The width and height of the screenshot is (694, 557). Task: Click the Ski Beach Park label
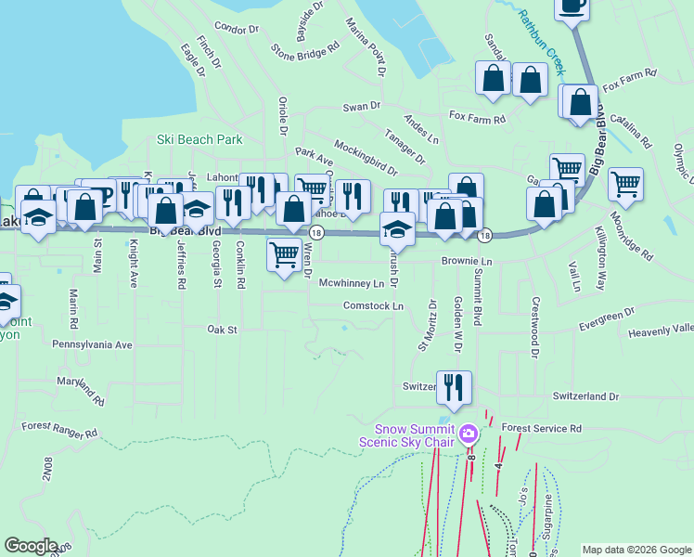(x=199, y=140)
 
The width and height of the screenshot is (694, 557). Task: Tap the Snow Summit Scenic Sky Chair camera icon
(x=469, y=433)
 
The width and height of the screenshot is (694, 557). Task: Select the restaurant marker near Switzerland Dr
(x=454, y=387)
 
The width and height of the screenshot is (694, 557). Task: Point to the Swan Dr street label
(x=362, y=107)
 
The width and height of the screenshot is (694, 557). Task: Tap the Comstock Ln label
(x=373, y=305)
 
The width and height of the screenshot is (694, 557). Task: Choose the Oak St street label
(x=223, y=329)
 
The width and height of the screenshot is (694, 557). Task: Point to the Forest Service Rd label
(x=541, y=428)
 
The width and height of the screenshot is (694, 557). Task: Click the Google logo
(x=32, y=546)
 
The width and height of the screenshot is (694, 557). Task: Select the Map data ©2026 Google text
(x=636, y=549)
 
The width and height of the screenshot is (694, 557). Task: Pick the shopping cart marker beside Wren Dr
(x=283, y=254)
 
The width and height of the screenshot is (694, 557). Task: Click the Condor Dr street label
(x=236, y=29)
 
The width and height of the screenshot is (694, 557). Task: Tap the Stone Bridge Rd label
(x=299, y=51)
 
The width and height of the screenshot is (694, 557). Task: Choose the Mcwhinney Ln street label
(x=351, y=282)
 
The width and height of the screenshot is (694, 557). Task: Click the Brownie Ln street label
(x=466, y=262)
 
